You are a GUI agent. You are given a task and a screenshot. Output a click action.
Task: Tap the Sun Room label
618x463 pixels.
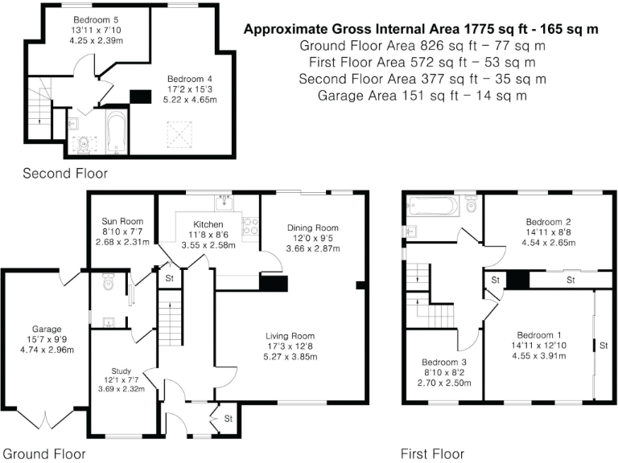(x=122, y=220)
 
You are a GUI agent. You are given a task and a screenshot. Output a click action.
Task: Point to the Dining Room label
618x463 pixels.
(x=310, y=227)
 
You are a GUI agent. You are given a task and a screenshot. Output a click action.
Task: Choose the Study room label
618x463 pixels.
(x=121, y=371)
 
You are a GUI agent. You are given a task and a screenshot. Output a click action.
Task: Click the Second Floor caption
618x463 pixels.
(x=64, y=173)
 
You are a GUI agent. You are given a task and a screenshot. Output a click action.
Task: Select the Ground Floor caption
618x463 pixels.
(x=43, y=454)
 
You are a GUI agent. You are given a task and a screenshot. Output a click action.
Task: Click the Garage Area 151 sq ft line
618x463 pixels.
(x=422, y=96)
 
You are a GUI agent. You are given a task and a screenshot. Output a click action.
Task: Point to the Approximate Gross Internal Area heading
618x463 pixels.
(x=421, y=30)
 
